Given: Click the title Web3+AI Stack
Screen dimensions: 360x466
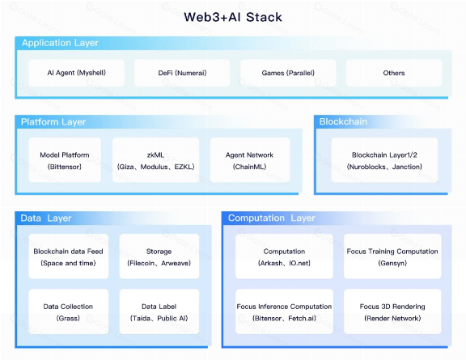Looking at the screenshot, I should click(232, 17).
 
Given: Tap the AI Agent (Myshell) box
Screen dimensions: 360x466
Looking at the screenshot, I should click(76, 73).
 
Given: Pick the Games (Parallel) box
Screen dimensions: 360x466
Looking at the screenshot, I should click(288, 73).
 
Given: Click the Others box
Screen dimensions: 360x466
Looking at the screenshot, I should click(394, 73).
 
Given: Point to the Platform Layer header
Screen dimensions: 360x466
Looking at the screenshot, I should click(53, 122).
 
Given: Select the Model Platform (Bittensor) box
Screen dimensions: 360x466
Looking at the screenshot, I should click(65, 160).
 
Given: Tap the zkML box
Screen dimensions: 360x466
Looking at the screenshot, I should click(155, 160).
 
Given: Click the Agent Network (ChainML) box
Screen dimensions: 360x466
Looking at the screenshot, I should click(248, 160).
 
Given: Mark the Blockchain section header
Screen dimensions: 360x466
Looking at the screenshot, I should click(343, 122).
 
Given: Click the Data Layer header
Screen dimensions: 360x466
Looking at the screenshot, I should click(46, 218).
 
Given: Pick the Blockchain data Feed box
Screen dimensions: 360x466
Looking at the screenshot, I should click(68, 256).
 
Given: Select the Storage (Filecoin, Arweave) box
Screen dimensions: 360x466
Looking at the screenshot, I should click(159, 256).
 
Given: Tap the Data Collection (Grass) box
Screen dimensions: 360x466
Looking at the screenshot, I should click(68, 312).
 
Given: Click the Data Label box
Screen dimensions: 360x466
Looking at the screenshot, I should click(159, 312).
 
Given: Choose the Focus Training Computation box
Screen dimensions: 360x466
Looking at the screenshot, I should click(392, 256).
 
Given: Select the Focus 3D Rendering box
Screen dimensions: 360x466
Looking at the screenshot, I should click(392, 312).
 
